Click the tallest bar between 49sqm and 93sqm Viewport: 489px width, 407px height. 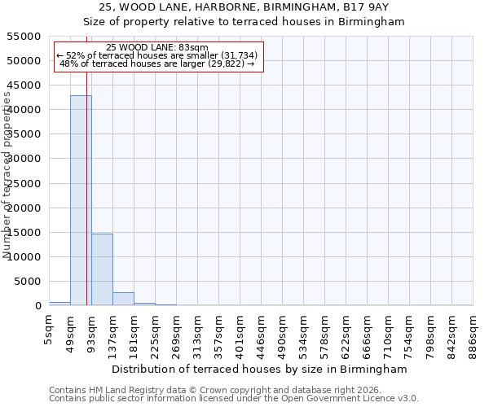click(81, 200)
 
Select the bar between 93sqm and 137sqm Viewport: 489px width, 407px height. click(102, 269)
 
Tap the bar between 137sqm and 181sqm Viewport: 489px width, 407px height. click(123, 299)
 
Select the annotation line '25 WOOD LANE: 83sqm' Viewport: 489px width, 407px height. click(157, 48)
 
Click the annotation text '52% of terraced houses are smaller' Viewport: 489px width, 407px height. click(157, 55)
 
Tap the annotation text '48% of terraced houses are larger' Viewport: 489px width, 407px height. click(157, 63)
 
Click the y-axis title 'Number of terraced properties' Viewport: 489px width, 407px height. click(7, 175)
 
